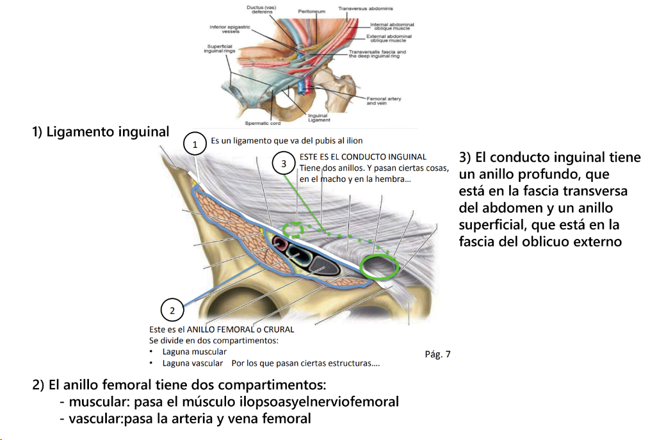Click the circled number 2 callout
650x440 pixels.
pyautogui.click(x=172, y=311)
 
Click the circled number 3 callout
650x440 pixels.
pyautogui.click(x=284, y=164)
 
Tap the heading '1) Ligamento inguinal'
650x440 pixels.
pyautogui.click(x=101, y=133)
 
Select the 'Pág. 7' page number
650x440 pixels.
pyautogui.click(x=437, y=354)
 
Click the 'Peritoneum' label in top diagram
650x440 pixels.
pyautogui.click(x=312, y=12)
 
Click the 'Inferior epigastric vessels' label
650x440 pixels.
pyautogui.click(x=230, y=29)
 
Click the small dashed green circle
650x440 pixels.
pyautogui.click(x=294, y=228)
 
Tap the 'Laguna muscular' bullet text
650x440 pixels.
pyautogui.click(x=195, y=352)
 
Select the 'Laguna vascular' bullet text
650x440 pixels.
pyautogui.click(x=193, y=363)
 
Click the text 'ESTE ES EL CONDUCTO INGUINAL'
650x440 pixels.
pyautogui.click(x=362, y=157)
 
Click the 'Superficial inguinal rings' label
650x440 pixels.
pyautogui.click(x=220, y=49)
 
